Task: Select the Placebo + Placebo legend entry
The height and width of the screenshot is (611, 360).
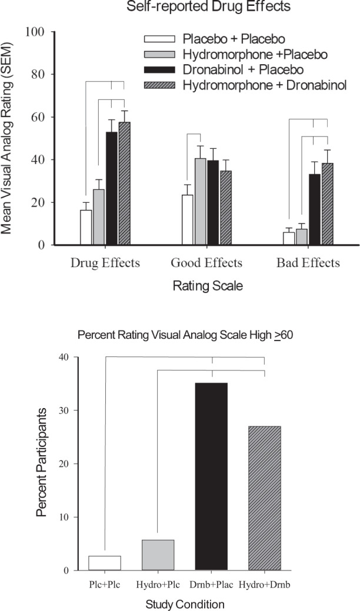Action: click(x=218, y=39)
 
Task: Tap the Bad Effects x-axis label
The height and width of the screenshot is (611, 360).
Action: click(x=308, y=263)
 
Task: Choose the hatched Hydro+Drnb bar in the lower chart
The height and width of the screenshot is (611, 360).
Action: click(x=264, y=498)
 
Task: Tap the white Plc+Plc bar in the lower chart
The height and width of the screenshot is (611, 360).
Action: click(x=105, y=563)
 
